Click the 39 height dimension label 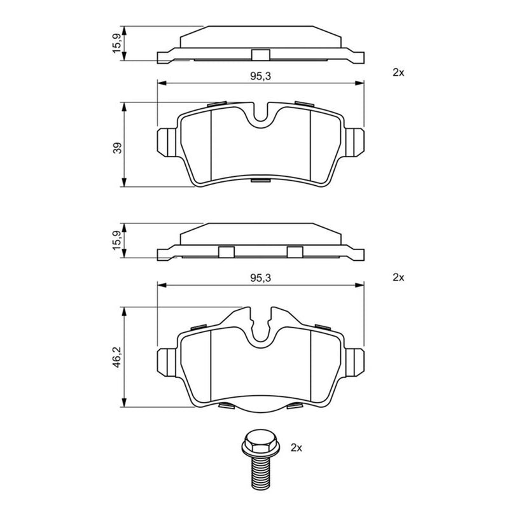click(x=118, y=148)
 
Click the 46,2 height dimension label click(x=117, y=357)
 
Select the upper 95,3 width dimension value click(x=260, y=76)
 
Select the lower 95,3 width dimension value click(x=260, y=278)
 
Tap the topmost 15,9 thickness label click(x=117, y=43)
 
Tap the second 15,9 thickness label click(x=117, y=241)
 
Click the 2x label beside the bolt click(x=296, y=448)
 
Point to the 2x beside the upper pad click(x=398, y=73)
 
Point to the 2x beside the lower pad click(x=398, y=277)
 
